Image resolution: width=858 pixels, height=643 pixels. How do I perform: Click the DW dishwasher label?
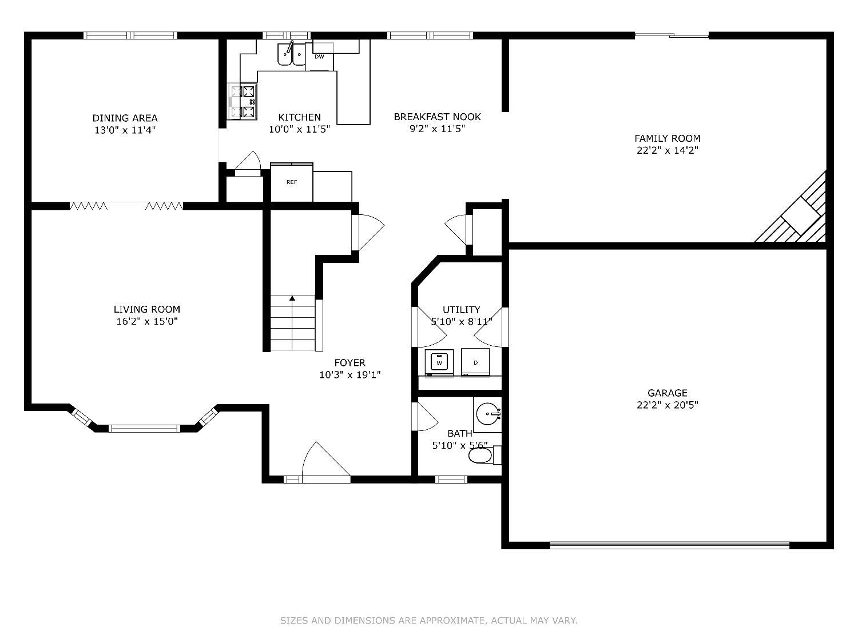pyautogui.click(x=319, y=57)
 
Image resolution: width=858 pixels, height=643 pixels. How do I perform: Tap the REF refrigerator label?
pyautogui.click(x=292, y=182)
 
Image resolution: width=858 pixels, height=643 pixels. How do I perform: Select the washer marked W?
pyautogui.click(x=439, y=363)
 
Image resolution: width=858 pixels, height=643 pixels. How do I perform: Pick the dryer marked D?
pyautogui.click(x=475, y=363)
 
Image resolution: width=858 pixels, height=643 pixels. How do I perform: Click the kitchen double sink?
pyautogui.click(x=291, y=54)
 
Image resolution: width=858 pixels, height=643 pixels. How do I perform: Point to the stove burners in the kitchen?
pyautogui.click(x=243, y=102)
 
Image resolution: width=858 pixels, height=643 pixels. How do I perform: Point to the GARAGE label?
pyautogui.click(x=668, y=393)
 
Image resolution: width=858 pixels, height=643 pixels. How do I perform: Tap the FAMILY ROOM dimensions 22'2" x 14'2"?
pyautogui.click(x=668, y=150)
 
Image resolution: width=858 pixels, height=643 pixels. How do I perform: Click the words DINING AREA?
pyautogui.click(x=125, y=118)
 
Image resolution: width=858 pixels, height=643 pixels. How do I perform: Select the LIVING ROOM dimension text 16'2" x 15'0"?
pyautogui.click(x=147, y=321)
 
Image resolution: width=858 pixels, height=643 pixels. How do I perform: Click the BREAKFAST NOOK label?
pyautogui.click(x=437, y=117)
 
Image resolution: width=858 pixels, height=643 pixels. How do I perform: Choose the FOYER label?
pyautogui.click(x=349, y=363)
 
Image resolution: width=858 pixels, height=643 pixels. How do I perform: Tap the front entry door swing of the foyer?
pyautogui.click(x=325, y=461)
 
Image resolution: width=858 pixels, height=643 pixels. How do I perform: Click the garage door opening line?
pyautogui.click(x=670, y=545)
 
